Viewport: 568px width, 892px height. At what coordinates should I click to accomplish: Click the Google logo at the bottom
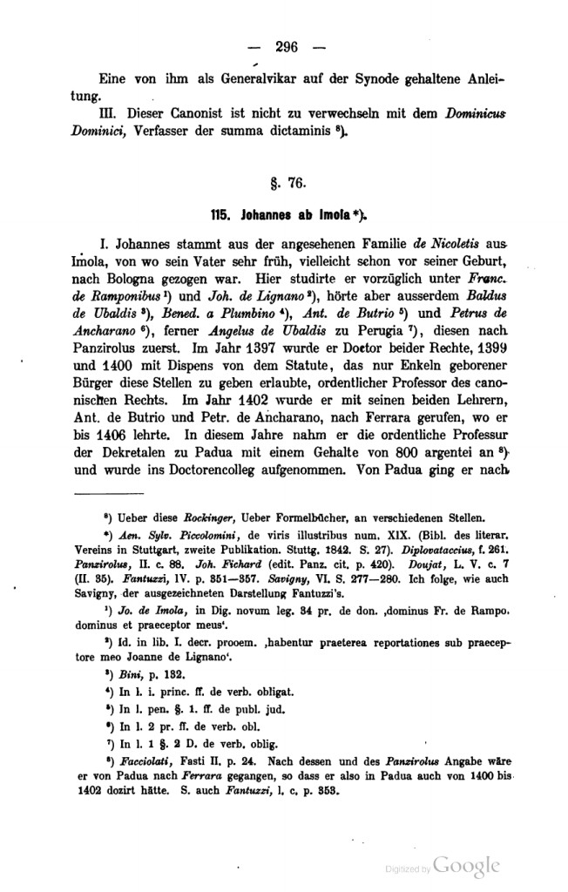pos(468,865)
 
